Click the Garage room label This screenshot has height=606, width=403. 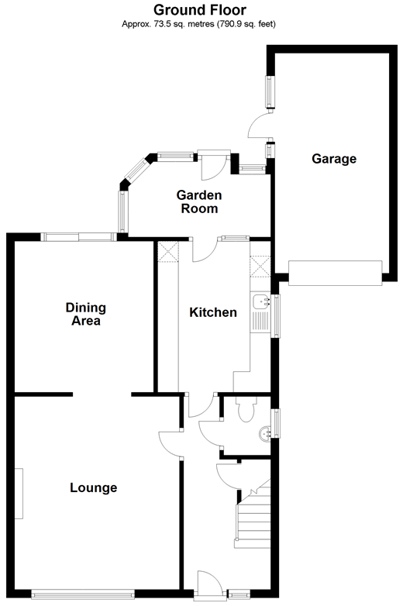pyautogui.click(x=334, y=159)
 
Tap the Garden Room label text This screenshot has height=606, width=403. pyautogui.click(x=199, y=201)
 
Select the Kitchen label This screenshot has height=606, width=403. pyautogui.click(x=213, y=312)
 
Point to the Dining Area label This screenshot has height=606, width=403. pyautogui.click(x=86, y=314)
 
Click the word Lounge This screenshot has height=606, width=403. pyautogui.click(x=94, y=487)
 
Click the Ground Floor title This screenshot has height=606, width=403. pyautogui.click(x=200, y=9)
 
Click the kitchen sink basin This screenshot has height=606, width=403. pyautogui.click(x=262, y=301)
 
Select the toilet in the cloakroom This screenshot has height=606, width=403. pyautogui.click(x=246, y=409)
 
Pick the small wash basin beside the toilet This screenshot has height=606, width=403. pyautogui.click(x=266, y=434)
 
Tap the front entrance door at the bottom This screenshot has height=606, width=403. pyautogui.click(x=209, y=585)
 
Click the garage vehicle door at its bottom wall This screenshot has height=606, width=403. pyautogui.click(x=335, y=274)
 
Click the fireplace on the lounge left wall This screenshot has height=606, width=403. pyautogui.click(x=19, y=494)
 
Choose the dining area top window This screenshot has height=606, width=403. pyautogui.click(x=79, y=237)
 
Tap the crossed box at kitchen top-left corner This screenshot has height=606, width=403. pyautogui.click(x=167, y=252)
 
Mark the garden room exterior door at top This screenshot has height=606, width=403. pyautogui.click(x=214, y=165)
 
